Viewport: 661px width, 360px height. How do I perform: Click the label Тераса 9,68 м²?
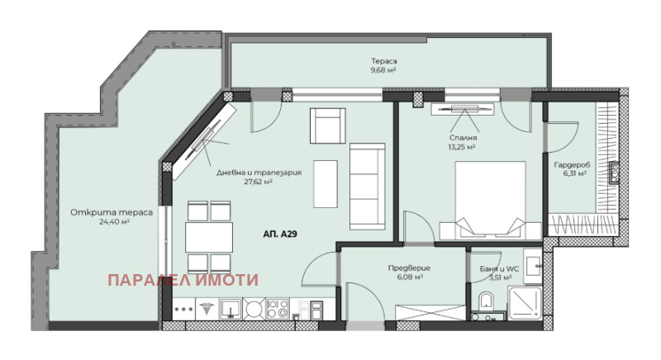pyautogui.click(x=383, y=66)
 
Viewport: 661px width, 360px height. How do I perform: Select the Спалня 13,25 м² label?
pyautogui.click(x=463, y=142)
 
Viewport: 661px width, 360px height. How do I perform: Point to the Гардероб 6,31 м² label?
pyautogui.click(x=572, y=169)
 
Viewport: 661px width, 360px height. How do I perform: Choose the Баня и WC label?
pyautogui.click(x=500, y=269)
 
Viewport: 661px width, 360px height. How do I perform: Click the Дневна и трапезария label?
pyautogui.click(x=259, y=173)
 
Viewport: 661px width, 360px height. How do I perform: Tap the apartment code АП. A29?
pyautogui.click(x=280, y=234)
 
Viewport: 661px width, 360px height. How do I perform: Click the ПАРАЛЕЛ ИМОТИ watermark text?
pyautogui.click(x=183, y=280)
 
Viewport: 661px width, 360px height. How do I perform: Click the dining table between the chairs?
pyautogui.click(x=209, y=238)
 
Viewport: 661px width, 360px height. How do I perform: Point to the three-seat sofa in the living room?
pyautogui.click(x=367, y=187)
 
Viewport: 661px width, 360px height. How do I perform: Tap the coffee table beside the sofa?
pyautogui.click(x=326, y=184)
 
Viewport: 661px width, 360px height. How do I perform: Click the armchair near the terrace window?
pyautogui.click(x=328, y=126)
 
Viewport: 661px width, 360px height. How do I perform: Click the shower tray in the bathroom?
pyautogui.click(x=525, y=303)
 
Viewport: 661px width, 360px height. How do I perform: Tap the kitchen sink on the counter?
pyautogui.click(x=231, y=309)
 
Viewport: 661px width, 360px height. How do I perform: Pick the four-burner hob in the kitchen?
pyautogui.click(x=278, y=309)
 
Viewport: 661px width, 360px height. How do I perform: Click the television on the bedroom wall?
pyautogui.click(x=462, y=110)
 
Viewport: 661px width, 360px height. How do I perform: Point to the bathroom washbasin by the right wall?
pyautogui.click(x=533, y=266)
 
